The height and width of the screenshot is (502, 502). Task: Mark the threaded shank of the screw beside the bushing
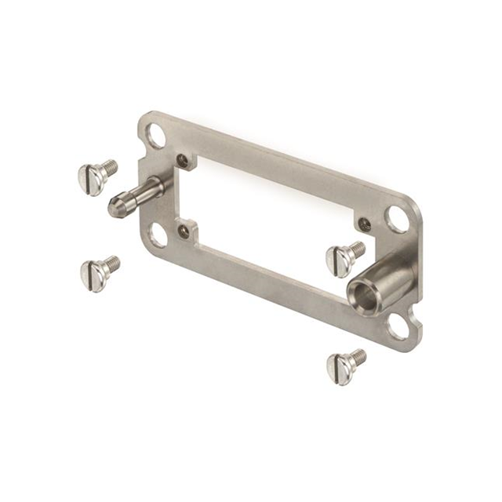coord(357,248)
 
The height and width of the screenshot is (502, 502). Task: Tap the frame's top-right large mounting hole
coord(398,219)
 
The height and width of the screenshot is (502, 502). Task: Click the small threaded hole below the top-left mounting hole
coord(183,160)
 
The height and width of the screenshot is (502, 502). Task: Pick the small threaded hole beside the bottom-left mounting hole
coord(184,230)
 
